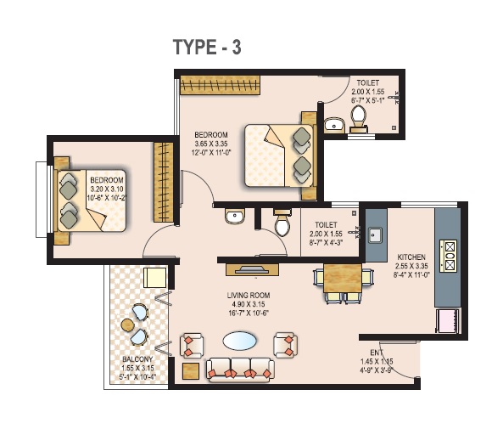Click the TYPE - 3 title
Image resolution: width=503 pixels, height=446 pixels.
207,48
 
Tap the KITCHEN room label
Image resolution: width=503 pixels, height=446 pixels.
411,257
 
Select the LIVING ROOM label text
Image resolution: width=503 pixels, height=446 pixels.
249,296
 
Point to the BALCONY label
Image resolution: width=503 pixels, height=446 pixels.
137,358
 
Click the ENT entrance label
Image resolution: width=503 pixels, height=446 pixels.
377,353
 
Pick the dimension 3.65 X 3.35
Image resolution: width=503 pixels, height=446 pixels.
211,144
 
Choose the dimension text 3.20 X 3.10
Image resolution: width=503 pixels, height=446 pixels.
107,189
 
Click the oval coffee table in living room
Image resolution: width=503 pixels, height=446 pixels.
240,341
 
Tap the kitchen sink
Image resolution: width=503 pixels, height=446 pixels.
375,235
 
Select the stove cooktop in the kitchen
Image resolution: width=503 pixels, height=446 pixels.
448,256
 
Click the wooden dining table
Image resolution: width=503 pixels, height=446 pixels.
343,278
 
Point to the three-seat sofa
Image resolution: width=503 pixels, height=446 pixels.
240,370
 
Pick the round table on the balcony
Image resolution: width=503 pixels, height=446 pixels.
127,325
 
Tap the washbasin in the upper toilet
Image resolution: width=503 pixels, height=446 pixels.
333,125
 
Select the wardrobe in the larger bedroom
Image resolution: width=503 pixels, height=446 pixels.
220,85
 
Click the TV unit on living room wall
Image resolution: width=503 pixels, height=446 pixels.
252,269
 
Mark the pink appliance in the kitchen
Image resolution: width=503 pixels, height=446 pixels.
448,321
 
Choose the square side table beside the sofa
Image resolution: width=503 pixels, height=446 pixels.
191,371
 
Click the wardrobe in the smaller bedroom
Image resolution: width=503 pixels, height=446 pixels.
164,182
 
